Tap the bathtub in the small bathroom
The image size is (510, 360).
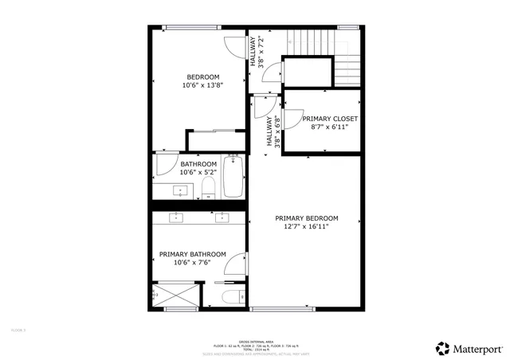click(233, 178)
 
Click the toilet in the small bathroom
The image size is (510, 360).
click(208, 188)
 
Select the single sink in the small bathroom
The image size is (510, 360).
click(180, 190)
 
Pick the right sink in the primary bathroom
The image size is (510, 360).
click(222, 217)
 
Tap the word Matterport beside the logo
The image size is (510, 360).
click(478, 348)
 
